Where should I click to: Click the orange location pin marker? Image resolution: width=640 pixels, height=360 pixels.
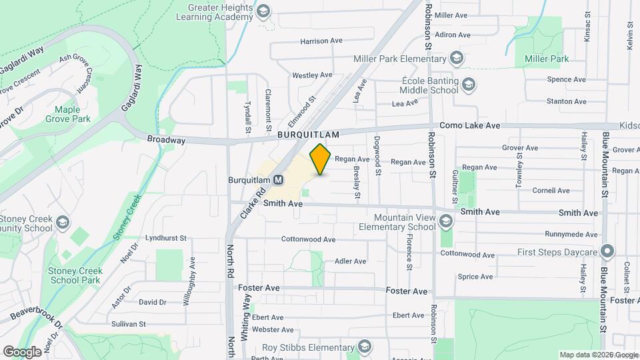(321, 159)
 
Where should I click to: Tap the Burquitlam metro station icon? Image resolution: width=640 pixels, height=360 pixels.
(279, 179)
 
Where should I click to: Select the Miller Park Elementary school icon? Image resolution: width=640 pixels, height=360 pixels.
(456, 59)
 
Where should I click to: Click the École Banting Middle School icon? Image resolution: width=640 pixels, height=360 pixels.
(469, 85)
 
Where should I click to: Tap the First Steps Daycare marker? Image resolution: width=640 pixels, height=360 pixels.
(607, 252)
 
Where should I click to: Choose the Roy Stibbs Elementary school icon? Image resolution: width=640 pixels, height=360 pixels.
(364, 346)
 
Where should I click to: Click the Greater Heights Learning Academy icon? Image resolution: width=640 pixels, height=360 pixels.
(263, 11)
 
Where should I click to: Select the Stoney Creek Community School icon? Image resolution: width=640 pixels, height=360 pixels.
(62, 223)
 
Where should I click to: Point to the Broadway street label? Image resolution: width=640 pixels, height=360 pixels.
(166, 140)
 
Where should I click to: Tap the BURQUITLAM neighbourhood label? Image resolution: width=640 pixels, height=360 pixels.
(309, 134)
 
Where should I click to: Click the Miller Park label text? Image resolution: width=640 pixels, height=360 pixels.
(547, 59)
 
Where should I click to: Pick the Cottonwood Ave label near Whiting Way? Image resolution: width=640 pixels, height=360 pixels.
(308, 239)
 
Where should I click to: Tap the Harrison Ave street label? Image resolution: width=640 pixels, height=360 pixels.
(321, 41)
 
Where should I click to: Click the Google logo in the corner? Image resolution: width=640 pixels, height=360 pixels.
(22, 351)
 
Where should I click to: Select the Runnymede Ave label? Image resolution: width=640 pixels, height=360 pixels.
(571, 234)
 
